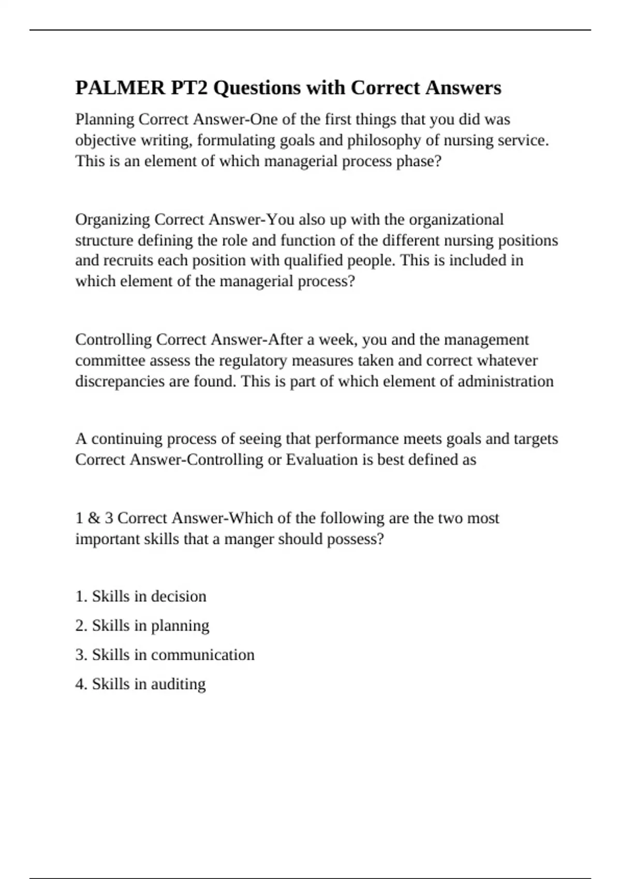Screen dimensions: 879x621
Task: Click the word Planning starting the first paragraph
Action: (x=105, y=119)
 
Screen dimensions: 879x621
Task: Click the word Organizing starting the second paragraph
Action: (x=112, y=220)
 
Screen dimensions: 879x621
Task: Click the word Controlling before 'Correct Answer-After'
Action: (x=113, y=340)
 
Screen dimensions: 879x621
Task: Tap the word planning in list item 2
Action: (x=180, y=626)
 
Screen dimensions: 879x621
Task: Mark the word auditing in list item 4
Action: (x=178, y=685)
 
